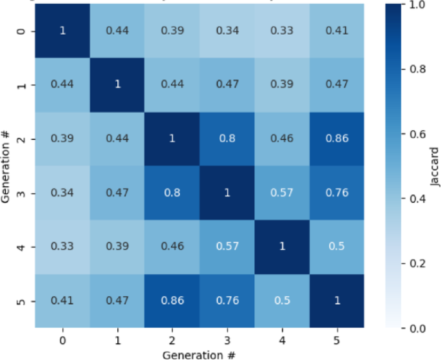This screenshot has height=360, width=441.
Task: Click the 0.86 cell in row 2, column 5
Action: click(337, 138)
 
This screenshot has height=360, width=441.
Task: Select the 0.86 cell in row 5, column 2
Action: click(173, 301)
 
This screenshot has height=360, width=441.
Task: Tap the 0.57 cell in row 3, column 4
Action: click(282, 193)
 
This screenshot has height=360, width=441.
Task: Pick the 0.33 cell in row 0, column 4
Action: click(282, 30)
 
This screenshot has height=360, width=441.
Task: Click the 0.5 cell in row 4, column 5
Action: click(337, 247)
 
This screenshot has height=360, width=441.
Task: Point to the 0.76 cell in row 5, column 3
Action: click(227, 301)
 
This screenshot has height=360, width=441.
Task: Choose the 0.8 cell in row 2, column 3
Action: click(227, 138)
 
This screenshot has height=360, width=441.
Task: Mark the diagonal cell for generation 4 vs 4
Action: click(282, 247)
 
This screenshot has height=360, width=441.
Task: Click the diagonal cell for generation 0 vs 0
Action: click(63, 30)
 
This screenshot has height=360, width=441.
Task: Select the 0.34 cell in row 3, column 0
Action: click(63, 193)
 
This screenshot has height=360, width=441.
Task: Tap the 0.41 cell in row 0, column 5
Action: click(337, 30)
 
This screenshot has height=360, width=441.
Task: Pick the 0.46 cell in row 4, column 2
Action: click(173, 247)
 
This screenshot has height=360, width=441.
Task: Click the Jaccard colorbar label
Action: click(436, 166)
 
